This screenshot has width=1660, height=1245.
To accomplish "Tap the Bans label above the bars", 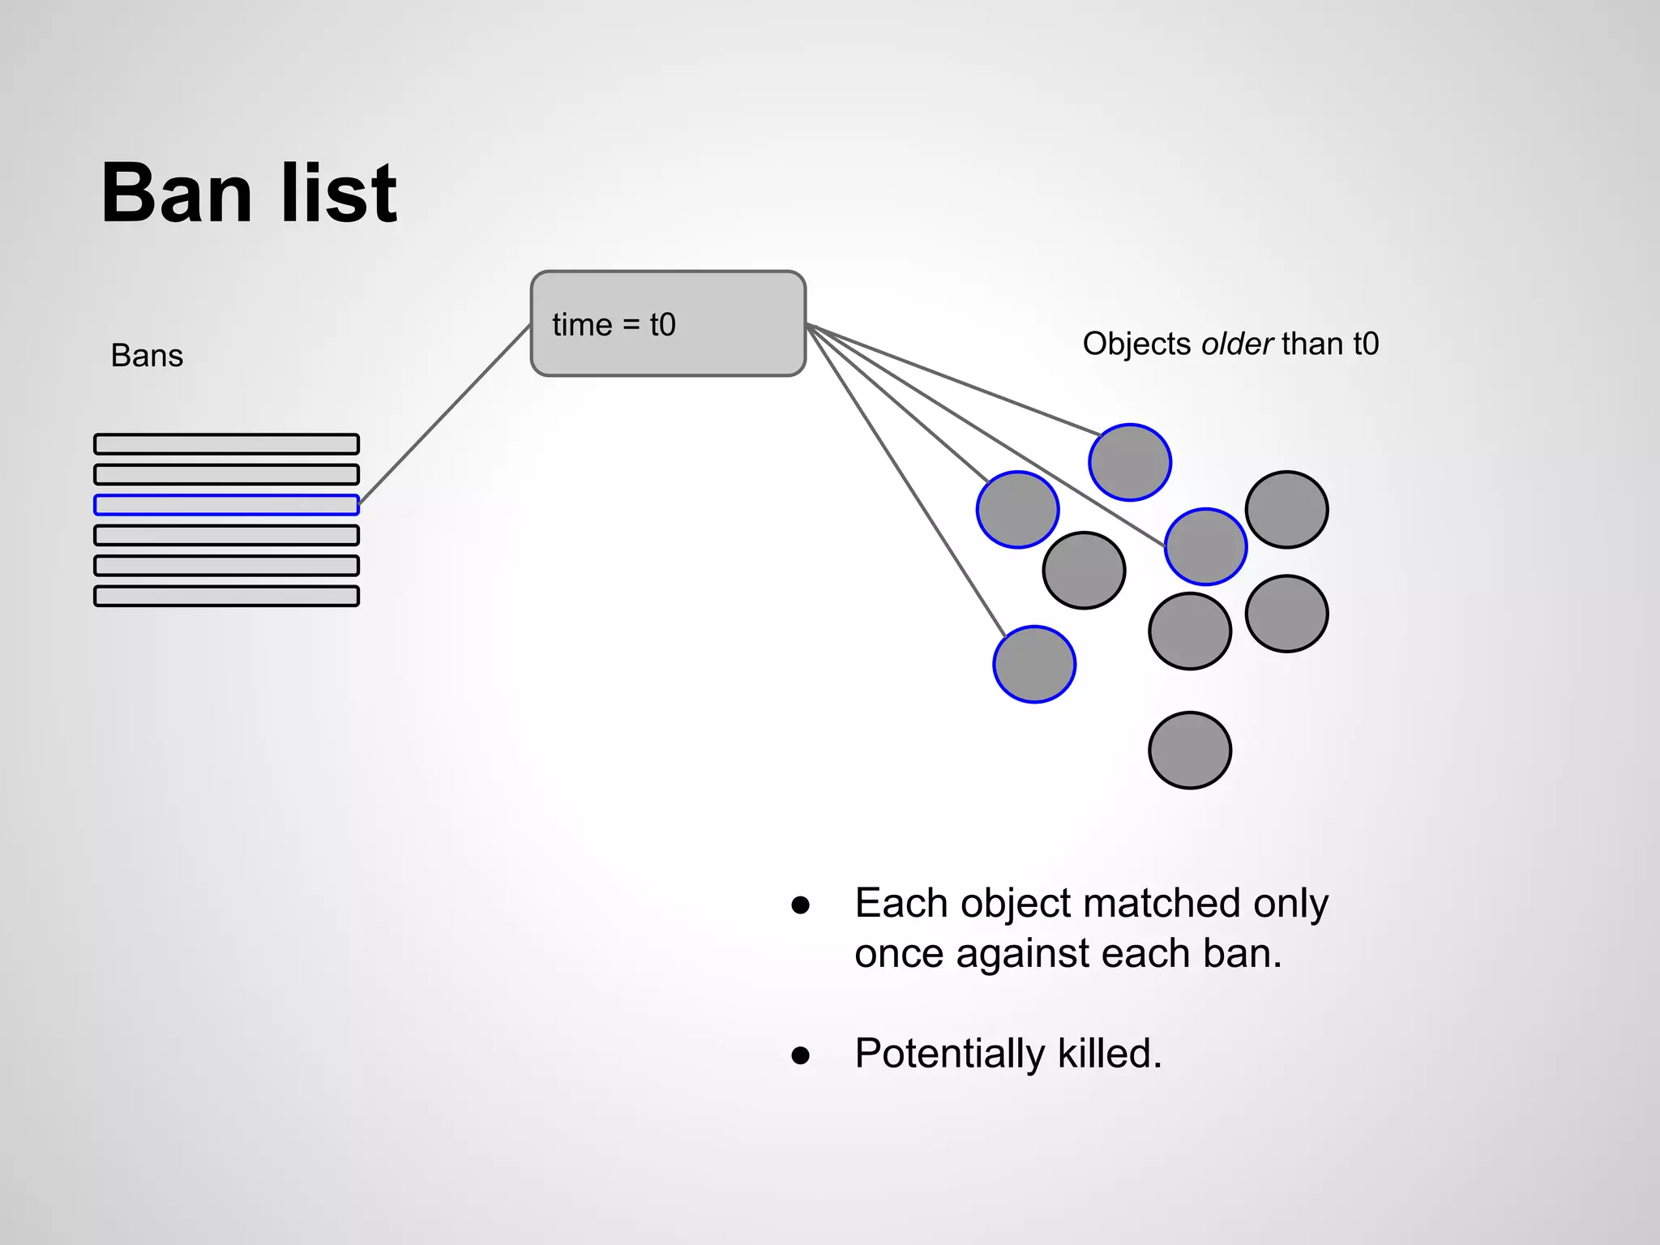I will click(147, 356).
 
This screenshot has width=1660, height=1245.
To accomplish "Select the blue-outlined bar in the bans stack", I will click(226, 505).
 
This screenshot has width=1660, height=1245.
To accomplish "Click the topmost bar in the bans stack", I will click(226, 444).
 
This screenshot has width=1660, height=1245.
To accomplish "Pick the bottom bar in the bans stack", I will click(226, 597).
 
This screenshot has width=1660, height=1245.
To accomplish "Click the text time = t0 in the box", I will click(614, 325).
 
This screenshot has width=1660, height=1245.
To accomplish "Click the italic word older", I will click(1236, 344).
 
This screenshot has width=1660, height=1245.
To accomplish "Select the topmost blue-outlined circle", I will click(1129, 462).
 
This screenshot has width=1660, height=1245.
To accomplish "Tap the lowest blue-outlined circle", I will click(1034, 664).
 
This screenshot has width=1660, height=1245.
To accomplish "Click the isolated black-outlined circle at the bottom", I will click(1190, 750).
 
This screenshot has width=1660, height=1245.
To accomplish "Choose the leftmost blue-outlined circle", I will click(1017, 510).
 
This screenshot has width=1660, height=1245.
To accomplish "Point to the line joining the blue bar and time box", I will click(444, 414).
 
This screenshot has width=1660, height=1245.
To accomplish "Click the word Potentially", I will click(949, 1054).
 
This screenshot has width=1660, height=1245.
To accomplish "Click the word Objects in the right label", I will click(1136, 344).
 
